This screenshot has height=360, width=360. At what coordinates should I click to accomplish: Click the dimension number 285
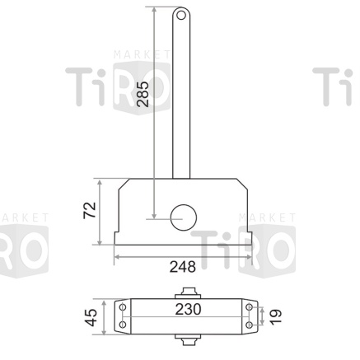[x=143, y=95]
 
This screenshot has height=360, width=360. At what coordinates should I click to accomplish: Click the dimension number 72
[x=91, y=209]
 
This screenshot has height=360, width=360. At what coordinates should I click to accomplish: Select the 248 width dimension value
[x=182, y=266]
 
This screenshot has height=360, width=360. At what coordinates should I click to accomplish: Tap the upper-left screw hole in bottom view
[x=122, y=306]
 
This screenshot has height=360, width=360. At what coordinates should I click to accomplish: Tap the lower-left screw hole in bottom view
[x=122, y=325]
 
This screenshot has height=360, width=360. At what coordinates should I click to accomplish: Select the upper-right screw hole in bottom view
[x=247, y=306]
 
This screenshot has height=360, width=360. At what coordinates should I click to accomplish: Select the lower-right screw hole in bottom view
[x=247, y=325]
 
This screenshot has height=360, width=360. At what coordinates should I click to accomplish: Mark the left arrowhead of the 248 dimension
[x=116, y=255]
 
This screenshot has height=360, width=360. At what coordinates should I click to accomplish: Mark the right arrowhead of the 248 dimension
[x=250, y=255]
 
